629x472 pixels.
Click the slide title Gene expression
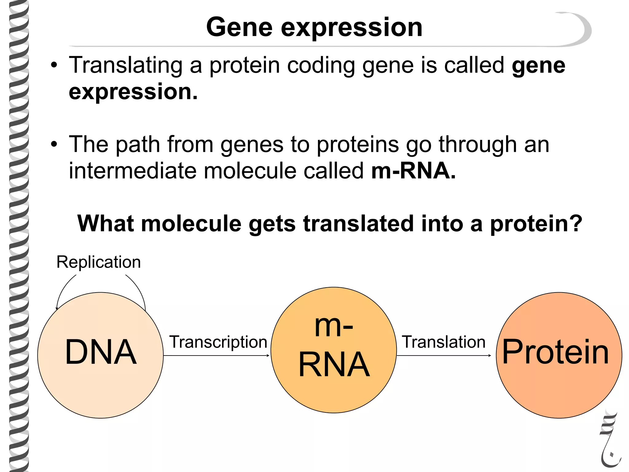[x=314, y=28]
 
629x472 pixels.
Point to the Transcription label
[x=218, y=342]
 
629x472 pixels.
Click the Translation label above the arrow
[x=443, y=342]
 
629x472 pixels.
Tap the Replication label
[x=99, y=262]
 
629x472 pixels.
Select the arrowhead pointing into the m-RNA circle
[x=268, y=356]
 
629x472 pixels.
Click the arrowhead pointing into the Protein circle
[x=490, y=356]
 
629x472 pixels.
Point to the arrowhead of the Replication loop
[x=57, y=309]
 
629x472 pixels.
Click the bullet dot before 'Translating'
[x=54, y=65]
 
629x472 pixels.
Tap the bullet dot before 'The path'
[x=54, y=144]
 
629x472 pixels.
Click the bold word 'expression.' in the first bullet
[x=133, y=92]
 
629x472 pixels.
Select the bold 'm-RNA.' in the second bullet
[x=413, y=171]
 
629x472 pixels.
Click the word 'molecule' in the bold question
[x=191, y=223]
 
